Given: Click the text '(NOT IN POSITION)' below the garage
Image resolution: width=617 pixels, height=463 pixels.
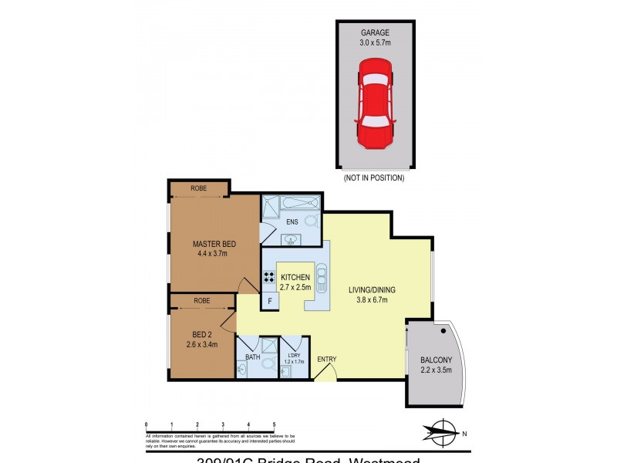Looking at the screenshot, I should coord(373,177).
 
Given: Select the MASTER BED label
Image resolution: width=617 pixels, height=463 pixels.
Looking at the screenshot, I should coord(214,244).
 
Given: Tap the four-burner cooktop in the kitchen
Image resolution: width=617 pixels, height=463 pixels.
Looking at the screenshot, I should coord(271,278).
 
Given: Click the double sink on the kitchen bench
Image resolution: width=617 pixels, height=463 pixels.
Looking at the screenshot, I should coord(321,277).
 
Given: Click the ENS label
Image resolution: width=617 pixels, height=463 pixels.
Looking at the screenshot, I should coord(292,222).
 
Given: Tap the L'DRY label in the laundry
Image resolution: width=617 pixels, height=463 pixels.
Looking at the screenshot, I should coord(294,356).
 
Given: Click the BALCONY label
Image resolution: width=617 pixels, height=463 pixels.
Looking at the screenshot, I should coord(436,360).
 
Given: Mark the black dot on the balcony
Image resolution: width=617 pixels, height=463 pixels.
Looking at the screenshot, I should coord(443,332).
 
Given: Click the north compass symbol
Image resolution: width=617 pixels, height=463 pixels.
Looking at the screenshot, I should coord(443,432).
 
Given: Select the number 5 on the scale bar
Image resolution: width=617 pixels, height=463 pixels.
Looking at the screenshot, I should coord(274,424).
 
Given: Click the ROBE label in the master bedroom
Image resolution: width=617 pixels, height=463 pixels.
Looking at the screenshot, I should coord(198,187).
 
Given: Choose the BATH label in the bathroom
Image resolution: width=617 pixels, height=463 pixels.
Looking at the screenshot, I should coord(252,357).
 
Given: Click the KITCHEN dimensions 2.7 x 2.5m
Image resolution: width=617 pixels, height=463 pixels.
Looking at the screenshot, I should coord(295,287).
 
